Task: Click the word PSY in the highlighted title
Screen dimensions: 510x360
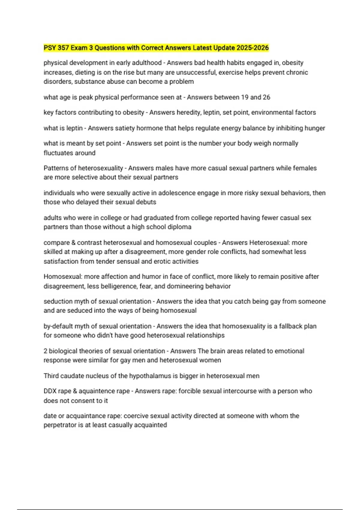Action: pyautogui.click(x=50, y=48)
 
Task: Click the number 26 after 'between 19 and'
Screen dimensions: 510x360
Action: pyautogui.click(x=266, y=97)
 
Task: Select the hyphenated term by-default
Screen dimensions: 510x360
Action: pyautogui.click(x=58, y=326)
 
